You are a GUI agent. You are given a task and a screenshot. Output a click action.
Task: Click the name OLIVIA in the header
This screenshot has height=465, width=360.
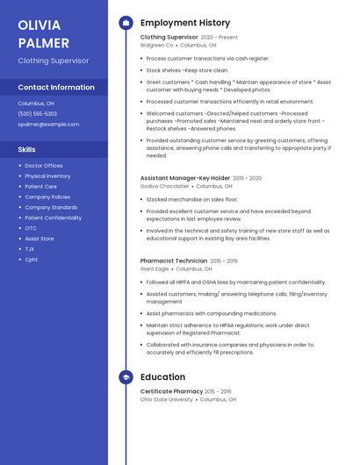40,24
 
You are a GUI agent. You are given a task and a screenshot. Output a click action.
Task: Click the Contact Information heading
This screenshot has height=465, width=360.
56,88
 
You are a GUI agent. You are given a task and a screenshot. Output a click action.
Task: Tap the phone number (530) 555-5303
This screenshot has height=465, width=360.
38,114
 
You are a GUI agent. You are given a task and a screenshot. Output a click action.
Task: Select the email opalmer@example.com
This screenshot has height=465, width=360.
48,125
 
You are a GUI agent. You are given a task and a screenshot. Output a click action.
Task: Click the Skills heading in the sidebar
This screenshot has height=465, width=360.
27,150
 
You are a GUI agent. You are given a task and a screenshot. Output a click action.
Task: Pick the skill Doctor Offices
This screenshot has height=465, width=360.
44,166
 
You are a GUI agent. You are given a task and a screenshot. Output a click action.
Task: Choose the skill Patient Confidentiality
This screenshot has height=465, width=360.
54,218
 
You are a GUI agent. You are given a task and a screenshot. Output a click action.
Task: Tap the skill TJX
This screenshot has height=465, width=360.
30,249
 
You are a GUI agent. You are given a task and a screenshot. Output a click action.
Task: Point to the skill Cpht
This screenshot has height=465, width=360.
32,260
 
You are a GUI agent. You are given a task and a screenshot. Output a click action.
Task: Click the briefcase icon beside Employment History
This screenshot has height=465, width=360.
126,23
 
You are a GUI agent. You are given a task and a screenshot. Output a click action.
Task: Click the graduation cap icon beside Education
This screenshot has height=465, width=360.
126,377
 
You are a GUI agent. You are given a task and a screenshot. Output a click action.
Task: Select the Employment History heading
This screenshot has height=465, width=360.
185,23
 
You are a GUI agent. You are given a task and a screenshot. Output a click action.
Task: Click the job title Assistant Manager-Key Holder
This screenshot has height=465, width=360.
185,178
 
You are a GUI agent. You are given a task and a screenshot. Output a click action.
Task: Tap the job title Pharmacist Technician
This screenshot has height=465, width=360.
174,261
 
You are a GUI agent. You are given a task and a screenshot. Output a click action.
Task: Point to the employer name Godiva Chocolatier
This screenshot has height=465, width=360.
165,187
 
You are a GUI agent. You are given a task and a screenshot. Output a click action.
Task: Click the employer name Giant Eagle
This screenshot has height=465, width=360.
155,269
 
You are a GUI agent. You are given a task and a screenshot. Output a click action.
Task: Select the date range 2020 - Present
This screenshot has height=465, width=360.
220,38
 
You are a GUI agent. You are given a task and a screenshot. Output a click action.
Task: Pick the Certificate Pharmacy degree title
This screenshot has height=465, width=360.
172,391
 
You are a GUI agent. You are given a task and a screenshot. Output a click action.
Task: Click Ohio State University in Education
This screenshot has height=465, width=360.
167,400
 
